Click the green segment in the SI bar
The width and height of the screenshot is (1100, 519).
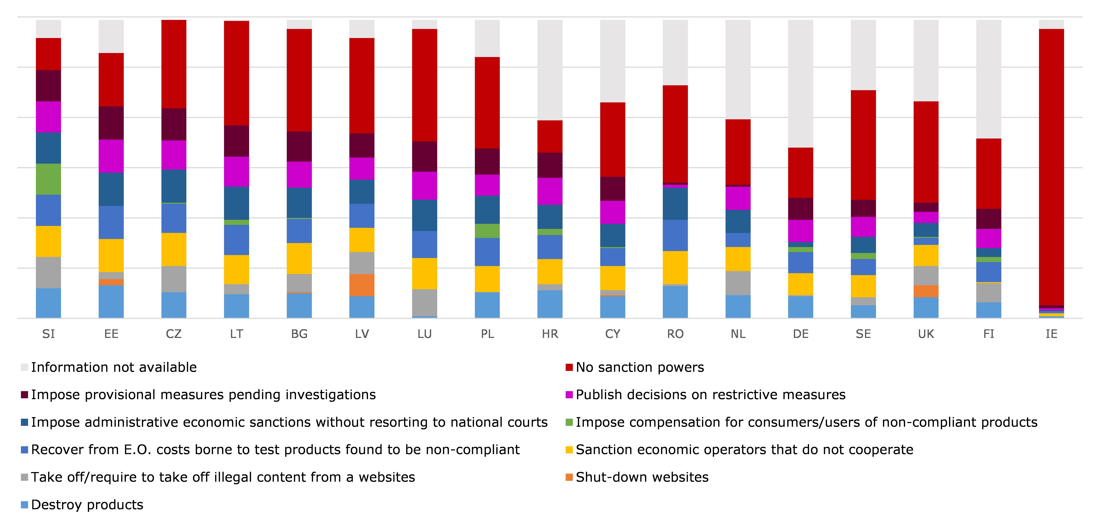[48, 179]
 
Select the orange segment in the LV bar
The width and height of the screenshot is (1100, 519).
[362, 285]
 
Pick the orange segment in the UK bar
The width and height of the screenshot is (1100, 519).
[926, 291]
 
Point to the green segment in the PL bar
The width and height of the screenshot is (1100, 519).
[487, 231]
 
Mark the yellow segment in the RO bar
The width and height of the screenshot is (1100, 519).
[675, 267]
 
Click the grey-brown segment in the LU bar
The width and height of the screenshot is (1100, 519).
[424, 303]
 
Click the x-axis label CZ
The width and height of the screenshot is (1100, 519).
[174, 334]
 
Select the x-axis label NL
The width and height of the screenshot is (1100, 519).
[738, 334]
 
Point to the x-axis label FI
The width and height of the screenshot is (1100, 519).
[989, 334]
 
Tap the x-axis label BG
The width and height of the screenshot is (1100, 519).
[299, 334]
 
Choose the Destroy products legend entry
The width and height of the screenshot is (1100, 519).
[87, 505]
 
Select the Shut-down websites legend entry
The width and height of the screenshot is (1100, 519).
[642, 477]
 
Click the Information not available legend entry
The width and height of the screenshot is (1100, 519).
[114, 367]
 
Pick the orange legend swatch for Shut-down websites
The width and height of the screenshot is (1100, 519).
[569, 477]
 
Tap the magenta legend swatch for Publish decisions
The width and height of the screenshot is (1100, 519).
[569, 395]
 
